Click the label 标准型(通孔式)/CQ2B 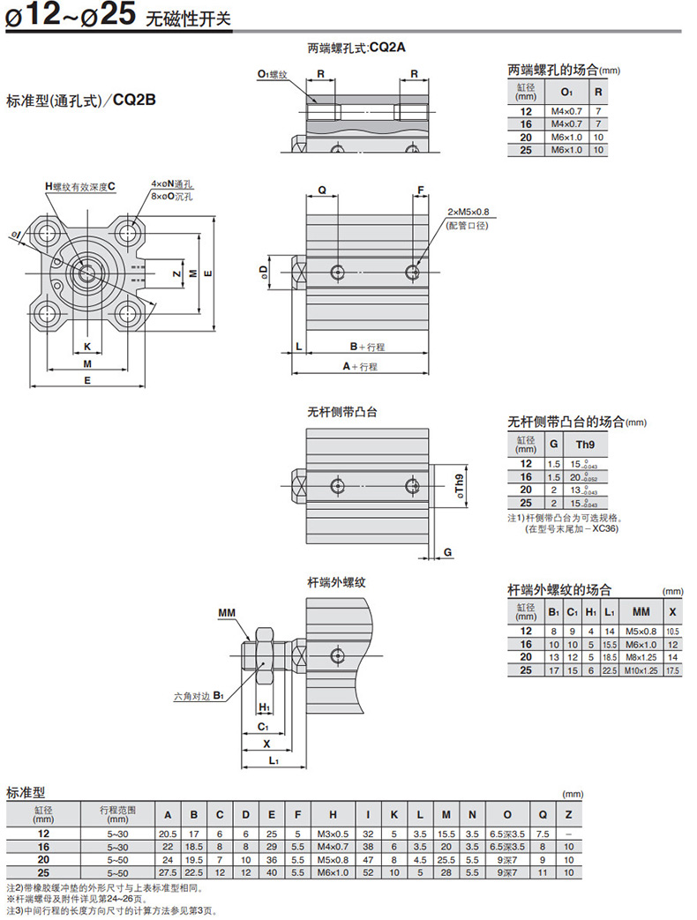tap(81, 100)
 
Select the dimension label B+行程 tap(367, 348)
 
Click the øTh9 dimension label tap(458, 485)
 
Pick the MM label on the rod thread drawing tap(227, 611)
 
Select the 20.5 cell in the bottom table tap(168, 834)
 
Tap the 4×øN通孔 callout tap(171, 183)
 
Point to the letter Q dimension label tap(322, 191)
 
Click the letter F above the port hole tap(421, 191)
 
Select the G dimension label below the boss tap(448, 552)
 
